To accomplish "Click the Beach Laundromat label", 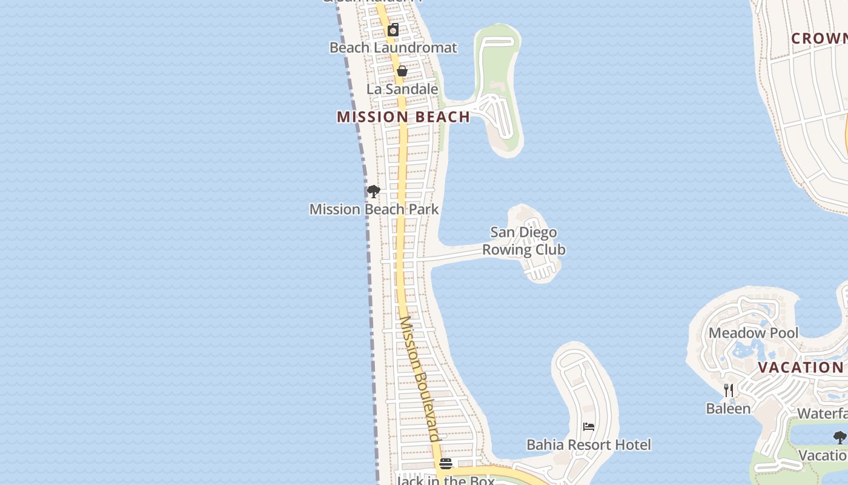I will click(393, 47).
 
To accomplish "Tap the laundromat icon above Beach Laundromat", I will click(393, 30).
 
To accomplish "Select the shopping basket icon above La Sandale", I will click(402, 72).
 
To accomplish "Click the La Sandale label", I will click(402, 89).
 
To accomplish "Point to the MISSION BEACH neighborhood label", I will click(403, 117).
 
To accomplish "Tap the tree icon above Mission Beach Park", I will click(374, 192).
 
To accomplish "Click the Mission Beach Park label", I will click(374, 209).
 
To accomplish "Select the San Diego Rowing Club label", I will click(524, 241).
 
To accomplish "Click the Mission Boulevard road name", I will click(419, 378).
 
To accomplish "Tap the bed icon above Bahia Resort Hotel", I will click(589, 427).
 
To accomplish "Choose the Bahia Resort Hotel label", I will click(589, 444).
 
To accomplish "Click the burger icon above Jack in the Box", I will click(446, 464).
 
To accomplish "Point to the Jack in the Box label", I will click(445, 480).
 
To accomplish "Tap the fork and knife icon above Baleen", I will click(729, 390).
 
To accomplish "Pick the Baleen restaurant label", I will click(729, 409).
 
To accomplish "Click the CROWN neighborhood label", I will click(820, 38).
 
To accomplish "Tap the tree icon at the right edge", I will click(840, 437).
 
